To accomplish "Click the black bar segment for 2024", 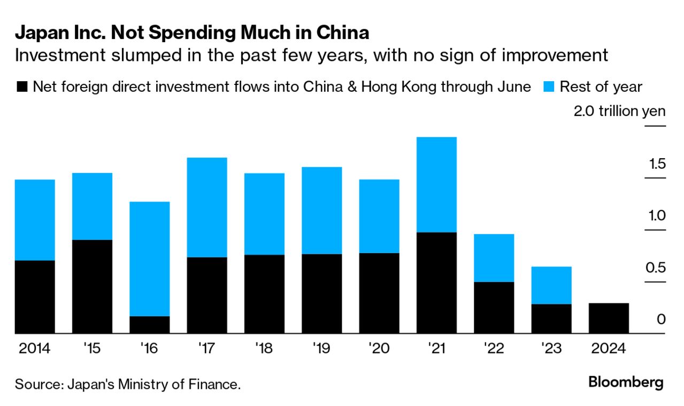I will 609,318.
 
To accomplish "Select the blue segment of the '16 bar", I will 150,259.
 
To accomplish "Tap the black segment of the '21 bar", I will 436,283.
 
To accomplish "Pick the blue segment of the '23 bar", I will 551,285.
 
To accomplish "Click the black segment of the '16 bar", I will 150,325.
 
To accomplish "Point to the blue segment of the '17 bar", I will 207,207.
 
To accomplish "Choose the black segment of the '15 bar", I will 92,287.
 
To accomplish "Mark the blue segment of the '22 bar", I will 494,258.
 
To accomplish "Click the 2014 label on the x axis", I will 34,349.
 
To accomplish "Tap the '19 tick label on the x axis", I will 322,349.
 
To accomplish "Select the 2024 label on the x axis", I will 609,349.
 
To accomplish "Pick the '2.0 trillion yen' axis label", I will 619,112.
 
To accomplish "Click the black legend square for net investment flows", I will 22,87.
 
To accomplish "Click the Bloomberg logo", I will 626,382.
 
